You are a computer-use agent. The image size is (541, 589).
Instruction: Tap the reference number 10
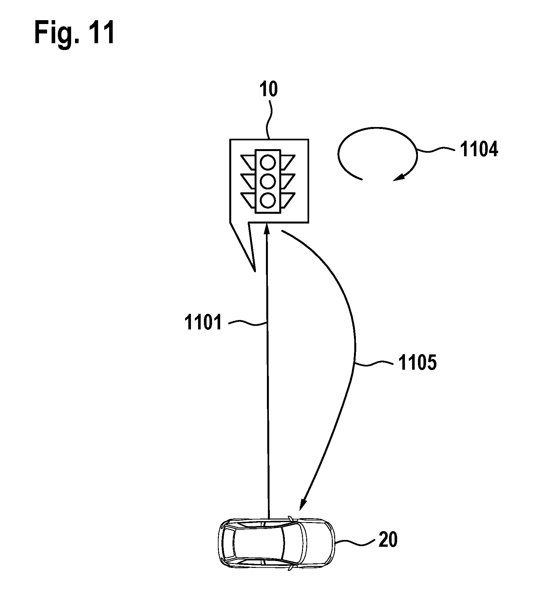[269, 90]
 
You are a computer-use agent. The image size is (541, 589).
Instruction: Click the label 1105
[417, 363]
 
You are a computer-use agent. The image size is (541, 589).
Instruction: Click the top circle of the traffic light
[268, 162]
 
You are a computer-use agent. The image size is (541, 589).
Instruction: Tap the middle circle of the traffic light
[268, 181]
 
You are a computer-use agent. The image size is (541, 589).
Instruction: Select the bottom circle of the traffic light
[268, 200]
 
